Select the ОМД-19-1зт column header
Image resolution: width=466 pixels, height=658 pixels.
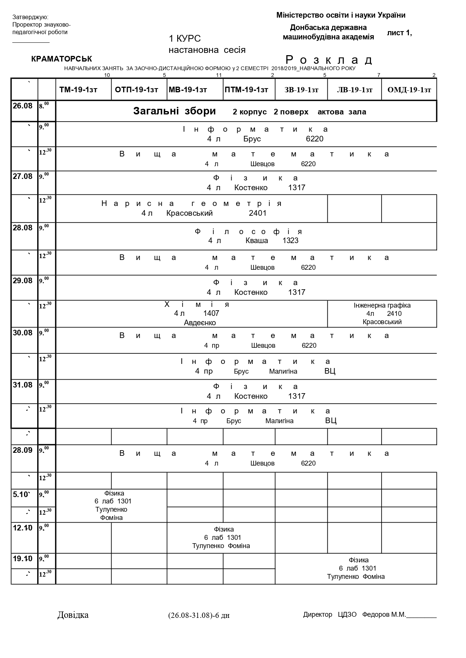[x=409, y=90]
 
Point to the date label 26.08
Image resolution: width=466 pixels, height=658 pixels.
[x=23, y=106]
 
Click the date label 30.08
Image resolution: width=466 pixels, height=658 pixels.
[x=23, y=333]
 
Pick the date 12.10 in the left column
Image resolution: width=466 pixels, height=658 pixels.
[x=23, y=528]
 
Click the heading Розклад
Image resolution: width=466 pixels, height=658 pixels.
[x=329, y=60]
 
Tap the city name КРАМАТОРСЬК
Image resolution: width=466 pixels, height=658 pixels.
[x=62, y=59]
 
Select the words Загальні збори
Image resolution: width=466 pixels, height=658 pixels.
[x=175, y=111]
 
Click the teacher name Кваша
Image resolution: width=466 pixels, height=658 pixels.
[x=257, y=240]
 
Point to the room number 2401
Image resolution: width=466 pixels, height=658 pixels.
[x=258, y=213]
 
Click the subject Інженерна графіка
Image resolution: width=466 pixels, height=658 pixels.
[x=382, y=305]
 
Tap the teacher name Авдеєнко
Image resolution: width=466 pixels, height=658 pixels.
[x=200, y=323]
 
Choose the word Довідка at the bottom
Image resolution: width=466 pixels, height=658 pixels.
[x=73, y=615]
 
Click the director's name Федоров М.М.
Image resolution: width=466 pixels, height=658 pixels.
[x=384, y=614]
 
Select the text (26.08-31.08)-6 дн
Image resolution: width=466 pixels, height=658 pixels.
[x=199, y=615]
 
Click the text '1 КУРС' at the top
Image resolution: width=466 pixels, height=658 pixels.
[x=185, y=39]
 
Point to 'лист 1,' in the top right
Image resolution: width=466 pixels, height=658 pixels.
[x=399, y=33]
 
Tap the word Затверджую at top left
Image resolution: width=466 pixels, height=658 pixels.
[x=30, y=17]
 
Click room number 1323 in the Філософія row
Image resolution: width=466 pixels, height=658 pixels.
[x=291, y=240]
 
